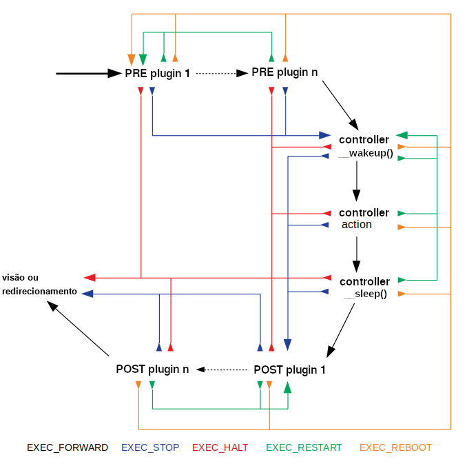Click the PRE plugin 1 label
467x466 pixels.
(x=157, y=73)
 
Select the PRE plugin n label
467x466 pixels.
(x=284, y=72)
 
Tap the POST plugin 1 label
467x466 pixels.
(x=289, y=369)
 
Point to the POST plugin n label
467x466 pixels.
(x=152, y=369)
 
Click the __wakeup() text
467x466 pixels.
(x=366, y=153)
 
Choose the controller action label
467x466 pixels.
(x=364, y=219)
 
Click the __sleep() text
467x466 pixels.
(x=366, y=294)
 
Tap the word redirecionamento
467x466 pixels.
(x=40, y=291)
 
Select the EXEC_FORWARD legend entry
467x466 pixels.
(x=68, y=447)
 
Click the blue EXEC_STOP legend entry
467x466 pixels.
(x=150, y=447)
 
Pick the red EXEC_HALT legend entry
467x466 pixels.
(x=220, y=447)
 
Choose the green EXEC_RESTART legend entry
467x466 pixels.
(x=304, y=447)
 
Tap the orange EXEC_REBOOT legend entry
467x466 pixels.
(x=395, y=447)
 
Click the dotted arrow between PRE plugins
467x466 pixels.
(x=222, y=73)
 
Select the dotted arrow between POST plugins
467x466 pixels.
(x=222, y=369)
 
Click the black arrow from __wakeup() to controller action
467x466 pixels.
(x=357, y=181)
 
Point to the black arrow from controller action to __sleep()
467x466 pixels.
(x=357, y=254)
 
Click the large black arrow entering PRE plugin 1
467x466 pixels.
(x=89, y=73)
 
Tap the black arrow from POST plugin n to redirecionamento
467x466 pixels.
(x=78, y=328)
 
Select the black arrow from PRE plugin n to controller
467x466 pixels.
(x=340, y=105)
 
